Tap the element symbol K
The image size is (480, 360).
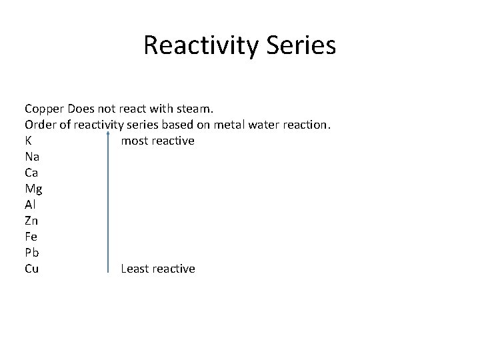(29, 141)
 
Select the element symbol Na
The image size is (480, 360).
(32, 157)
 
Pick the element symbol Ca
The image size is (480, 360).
(31, 173)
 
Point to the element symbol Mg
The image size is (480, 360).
(33, 189)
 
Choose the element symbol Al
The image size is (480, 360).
(30, 205)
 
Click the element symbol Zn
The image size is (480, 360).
(31, 221)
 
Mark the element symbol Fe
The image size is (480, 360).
(31, 237)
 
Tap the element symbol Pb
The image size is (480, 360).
(31, 253)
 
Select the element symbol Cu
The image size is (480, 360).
(31, 269)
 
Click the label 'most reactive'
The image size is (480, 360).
(157, 141)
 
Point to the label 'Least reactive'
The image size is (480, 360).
(158, 269)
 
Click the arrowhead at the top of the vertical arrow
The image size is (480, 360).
(108, 133)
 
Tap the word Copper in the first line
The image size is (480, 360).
(44, 109)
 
